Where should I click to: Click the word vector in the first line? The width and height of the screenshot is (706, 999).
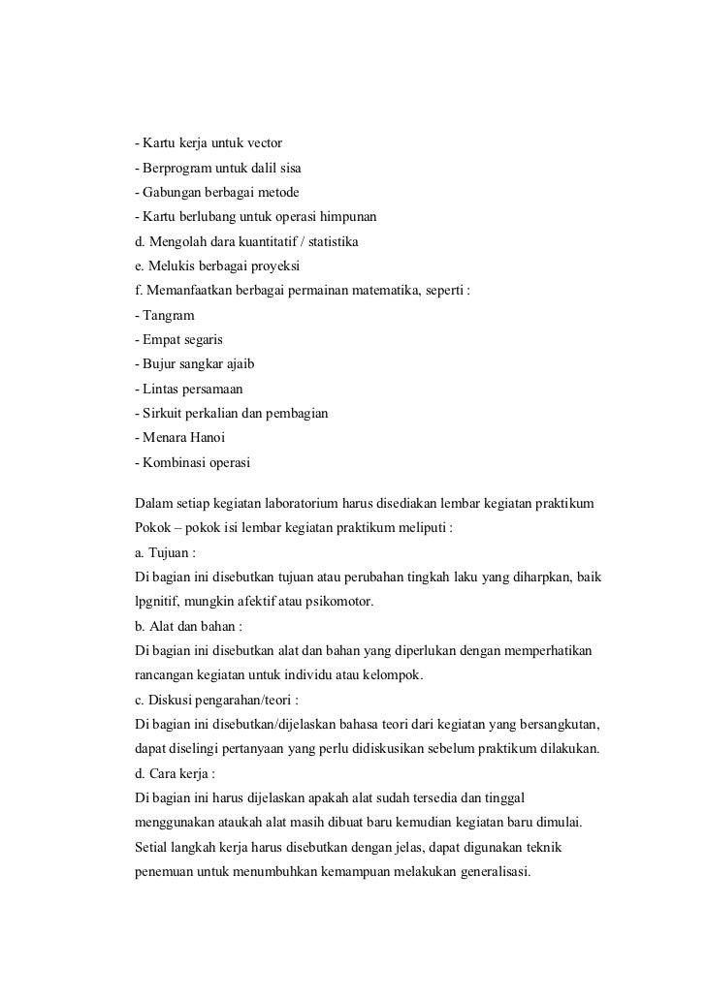point(259,143)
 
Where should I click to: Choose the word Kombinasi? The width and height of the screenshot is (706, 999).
point(175,462)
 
